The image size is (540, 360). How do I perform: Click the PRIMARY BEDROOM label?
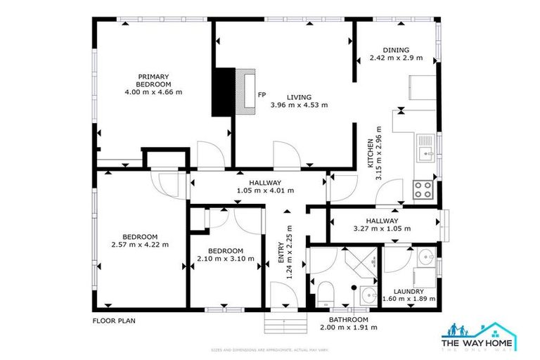tap(153, 79)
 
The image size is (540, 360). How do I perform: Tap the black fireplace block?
tap(224, 91)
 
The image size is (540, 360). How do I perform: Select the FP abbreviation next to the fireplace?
tap(262, 94)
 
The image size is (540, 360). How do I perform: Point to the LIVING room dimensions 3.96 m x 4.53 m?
tap(299, 105)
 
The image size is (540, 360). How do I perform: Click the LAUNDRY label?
tap(409, 291)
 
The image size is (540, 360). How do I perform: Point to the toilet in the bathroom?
tap(325, 291)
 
